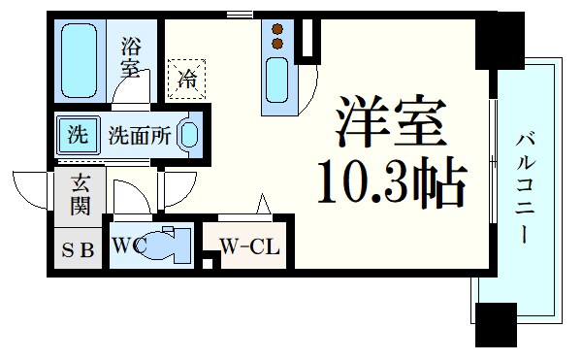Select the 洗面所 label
tap(140, 136)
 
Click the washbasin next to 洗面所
tap(191, 137)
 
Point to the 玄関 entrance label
tap(78, 194)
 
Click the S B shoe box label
tap(78, 249)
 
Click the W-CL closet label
tap(249, 246)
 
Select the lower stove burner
tap(277, 44)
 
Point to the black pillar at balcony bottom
tap(496, 324)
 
